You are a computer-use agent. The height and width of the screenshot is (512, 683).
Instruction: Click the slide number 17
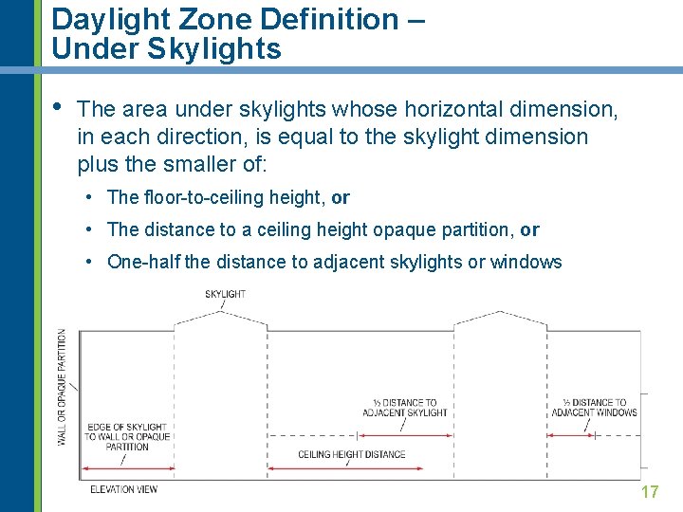(x=650, y=491)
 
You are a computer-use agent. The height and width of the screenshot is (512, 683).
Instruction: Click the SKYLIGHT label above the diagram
(x=225, y=294)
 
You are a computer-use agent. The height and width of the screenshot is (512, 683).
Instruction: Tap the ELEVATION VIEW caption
(x=123, y=489)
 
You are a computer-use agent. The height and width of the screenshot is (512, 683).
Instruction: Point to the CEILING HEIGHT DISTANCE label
(x=351, y=454)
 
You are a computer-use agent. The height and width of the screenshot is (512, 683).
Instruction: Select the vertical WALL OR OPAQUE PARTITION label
(x=63, y=387)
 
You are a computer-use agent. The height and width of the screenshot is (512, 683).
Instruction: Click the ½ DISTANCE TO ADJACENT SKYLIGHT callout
(x=404, y=408)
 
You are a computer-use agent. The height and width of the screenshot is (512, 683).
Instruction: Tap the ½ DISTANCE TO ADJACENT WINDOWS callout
(x=595, y=408)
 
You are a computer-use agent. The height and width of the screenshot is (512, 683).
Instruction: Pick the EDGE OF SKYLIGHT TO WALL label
(x=127, y=436)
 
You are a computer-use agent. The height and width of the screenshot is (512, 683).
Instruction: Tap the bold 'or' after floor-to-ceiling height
(x=341, y=197)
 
